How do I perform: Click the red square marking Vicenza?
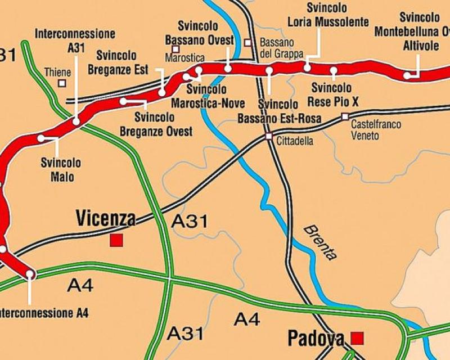click(116, 241)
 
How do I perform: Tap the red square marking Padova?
click(357, 337)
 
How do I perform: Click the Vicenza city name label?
click(106, 218)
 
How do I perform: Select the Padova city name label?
click(316, 338)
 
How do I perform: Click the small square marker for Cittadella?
click(269, 136)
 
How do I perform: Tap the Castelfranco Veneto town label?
click(376, 130)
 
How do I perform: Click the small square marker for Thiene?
click(62, 83)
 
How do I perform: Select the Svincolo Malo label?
click(61, 170)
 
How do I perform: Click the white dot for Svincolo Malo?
click(40, 138)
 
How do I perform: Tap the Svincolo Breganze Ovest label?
click(156, 125)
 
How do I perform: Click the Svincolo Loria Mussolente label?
click(328, 15)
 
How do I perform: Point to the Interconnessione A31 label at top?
click(75, 40)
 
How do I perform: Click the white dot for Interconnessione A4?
click(30, 274)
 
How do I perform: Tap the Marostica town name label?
click(185, 58)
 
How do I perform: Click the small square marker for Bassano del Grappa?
click(247, 42)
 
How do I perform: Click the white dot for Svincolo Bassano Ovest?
click(228, 68)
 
